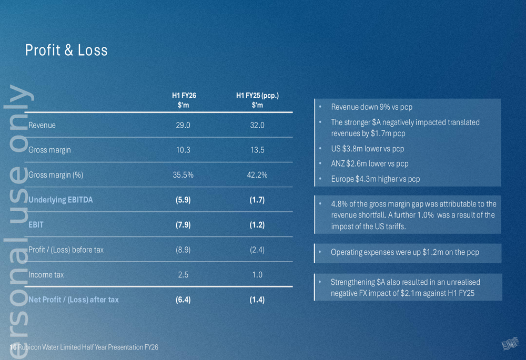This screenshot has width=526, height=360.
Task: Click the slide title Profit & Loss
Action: [66, 50]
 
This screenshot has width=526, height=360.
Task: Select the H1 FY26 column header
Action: [184, 100]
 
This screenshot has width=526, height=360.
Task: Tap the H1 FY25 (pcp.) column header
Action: [257, 100]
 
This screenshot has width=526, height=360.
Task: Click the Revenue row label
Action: [42, 125]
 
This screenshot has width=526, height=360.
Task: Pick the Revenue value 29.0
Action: [183, 125]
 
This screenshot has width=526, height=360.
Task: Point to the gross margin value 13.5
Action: [257, 150]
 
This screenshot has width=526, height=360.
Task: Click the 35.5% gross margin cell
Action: [183, 175]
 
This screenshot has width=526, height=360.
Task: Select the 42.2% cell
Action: [257, 175]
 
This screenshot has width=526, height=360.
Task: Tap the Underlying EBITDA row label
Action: [60, 200]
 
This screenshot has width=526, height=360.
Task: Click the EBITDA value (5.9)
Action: [183, 200]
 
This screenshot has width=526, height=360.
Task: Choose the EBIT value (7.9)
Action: [183, 224]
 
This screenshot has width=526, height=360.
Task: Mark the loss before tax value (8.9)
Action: [183, 250]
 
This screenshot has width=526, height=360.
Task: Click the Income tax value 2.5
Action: [183, 274]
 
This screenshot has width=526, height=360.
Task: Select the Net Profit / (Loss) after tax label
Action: [74, 300]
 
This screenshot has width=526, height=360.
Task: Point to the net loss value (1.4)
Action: [257, 300]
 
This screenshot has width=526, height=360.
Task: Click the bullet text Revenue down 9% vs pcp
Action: [371, 107]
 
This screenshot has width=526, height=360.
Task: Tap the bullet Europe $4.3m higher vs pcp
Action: [375, 179]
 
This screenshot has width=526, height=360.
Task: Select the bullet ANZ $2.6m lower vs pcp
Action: [369, 163]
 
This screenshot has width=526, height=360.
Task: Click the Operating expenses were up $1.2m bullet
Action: [404, 252]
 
